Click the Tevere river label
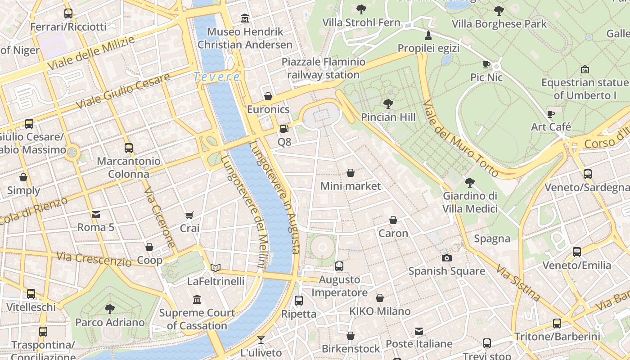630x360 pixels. click(216, 77)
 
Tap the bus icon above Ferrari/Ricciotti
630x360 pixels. click(68, 13)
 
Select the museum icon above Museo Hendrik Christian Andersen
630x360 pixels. click(245, 18)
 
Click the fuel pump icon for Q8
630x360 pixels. click(284, 129)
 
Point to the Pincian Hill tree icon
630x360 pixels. click(388, 104)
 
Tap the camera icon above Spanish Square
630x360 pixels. click(446, 258)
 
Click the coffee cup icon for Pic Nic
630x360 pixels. click(486, 64)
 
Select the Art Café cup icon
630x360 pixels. click(551, 114)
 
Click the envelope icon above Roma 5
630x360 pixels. click(96, 214)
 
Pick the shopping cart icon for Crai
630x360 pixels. click(189, 216)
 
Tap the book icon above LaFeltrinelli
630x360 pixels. click(216, 268)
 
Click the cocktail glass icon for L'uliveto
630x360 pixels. click(261, 339)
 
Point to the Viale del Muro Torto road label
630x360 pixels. click(460, 138)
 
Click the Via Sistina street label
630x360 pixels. click(518, 283)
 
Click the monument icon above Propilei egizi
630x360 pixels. click(428, 35)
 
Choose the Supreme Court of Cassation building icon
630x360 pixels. click(197, 299)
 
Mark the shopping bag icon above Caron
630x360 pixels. click(393, 220)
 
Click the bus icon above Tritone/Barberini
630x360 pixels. click(557, 323)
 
